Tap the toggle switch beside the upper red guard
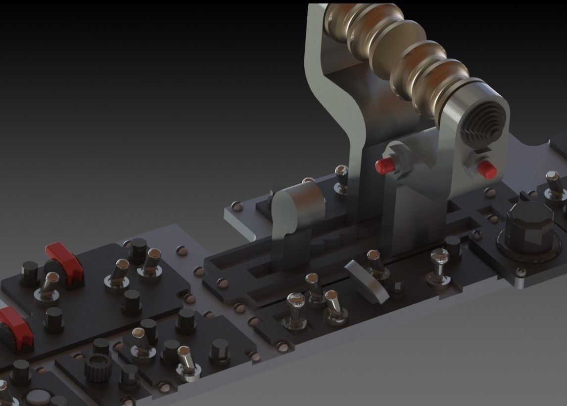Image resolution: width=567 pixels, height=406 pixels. pyautogui.click(x=49, y=286)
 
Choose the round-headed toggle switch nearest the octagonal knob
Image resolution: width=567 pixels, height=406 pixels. pyautogui.click(x=437, y=264)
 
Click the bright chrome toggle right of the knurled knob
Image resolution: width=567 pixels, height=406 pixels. pyautogui.click(x=187, y=362)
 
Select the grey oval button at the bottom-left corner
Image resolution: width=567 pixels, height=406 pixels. pyautogui.click(x=38, y=398)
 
